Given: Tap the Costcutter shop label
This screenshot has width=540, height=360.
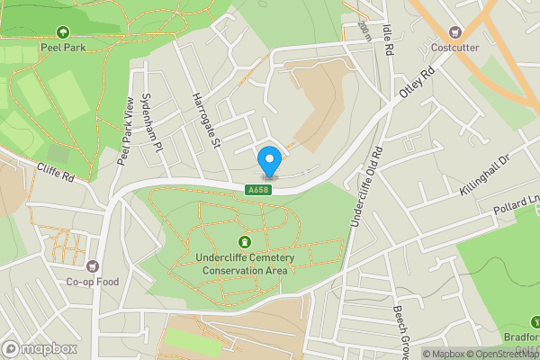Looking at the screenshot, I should (454, 47).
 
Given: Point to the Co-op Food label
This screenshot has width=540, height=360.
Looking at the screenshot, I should (91, 281).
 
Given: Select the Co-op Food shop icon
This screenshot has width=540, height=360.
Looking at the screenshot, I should (91, 266).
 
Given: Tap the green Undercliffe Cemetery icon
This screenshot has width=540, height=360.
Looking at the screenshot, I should (244, 242).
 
